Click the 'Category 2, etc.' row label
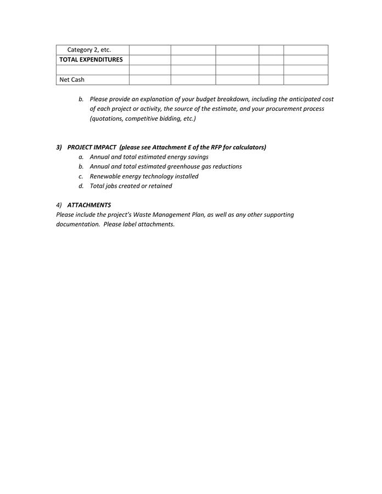click(89, 50)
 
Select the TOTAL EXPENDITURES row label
click(91, 60)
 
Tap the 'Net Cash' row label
click(72, 80)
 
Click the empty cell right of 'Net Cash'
click(149, 80)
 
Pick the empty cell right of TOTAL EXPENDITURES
click(149, 60)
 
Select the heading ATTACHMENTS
click(89, 205)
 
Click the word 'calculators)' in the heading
click(248, 147)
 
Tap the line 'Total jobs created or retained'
click(131, 186)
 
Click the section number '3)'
click(59, 147)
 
